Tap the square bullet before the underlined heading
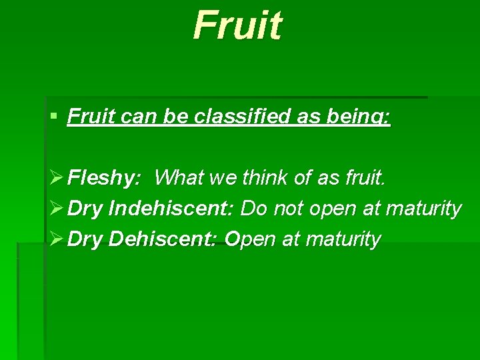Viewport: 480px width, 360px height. coord(53,117)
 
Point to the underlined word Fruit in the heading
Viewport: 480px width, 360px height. coord(87,117)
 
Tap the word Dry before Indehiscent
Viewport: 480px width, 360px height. coord(85,209)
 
